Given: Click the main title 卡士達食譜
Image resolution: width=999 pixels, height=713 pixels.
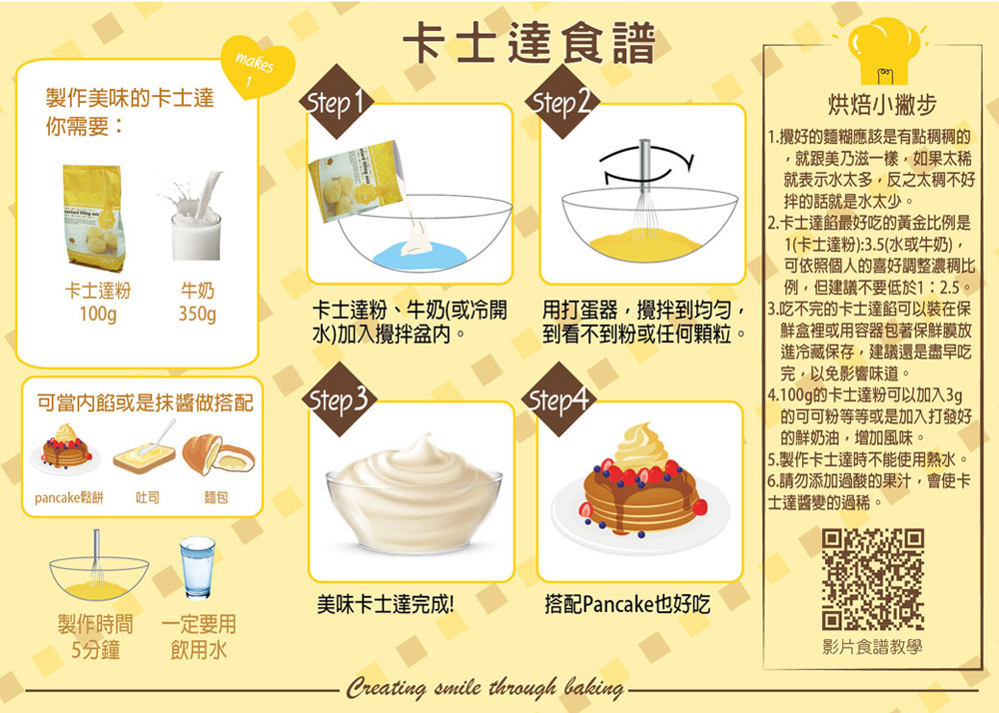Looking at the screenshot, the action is [x=529, y=43].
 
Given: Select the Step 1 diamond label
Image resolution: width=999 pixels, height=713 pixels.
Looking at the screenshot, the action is [x=336, y=102].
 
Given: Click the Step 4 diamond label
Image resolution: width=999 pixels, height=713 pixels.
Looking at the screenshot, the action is [x=558, y=399].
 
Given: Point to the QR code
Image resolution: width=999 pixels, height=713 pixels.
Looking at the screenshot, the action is [x=872, y=579].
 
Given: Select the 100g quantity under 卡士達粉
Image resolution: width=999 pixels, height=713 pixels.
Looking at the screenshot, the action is [x=98, y=314].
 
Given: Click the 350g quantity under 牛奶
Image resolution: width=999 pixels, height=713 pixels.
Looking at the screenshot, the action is [x=197, y=314].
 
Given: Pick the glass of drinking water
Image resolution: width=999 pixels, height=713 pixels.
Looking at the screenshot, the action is [x=197, y=568].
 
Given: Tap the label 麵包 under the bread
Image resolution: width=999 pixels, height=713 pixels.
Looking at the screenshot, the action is [x=216, y=497].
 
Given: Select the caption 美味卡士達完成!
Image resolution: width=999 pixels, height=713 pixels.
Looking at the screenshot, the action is [x=386, y=604].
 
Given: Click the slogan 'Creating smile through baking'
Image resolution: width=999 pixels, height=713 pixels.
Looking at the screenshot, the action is [x=485, y=687].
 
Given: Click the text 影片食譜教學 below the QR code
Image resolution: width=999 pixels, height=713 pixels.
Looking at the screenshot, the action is [x=872, y=647].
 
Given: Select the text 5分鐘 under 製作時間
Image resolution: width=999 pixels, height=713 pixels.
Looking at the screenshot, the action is [x=96, y=650].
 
